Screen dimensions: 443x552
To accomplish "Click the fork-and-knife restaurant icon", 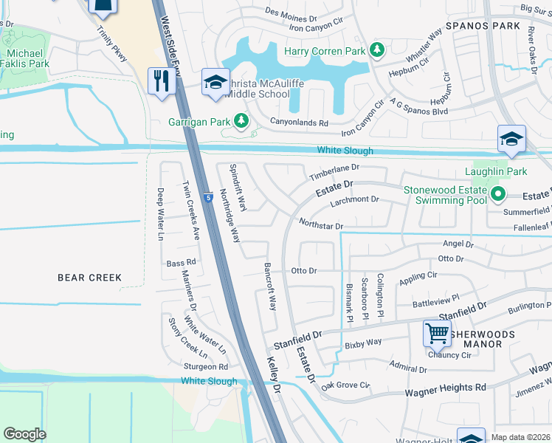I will [x=159, y=80].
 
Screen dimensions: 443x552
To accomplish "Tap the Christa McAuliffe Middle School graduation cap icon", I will [x=215, y=81].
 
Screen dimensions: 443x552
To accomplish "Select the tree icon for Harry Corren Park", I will [x=377, y=50].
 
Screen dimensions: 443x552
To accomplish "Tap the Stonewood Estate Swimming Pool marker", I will [x=497, y=195].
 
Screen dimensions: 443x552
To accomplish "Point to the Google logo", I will [x=25, y=434].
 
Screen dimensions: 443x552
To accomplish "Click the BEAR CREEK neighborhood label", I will [x=89, y=278].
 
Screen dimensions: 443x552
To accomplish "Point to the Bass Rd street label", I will [x=181, y=262].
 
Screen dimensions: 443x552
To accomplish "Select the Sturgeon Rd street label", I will [x=207, y=366].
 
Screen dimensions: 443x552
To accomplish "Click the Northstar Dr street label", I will [x=321, y=224].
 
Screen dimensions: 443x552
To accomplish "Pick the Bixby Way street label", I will [x=362, y=343].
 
